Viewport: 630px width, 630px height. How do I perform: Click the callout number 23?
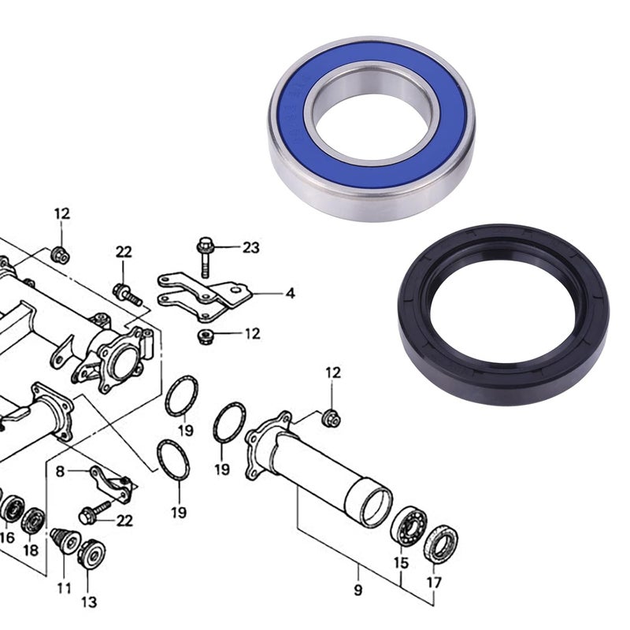click(x=250, y=249)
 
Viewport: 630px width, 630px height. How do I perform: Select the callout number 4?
click(x=291, y=294)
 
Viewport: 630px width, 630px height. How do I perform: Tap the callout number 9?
click(x=358, y=590)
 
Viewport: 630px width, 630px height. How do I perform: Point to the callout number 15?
click(x=402, y=564)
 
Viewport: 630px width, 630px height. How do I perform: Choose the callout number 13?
click(x=89, y=602)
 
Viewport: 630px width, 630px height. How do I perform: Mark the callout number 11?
click(x=63, y=587)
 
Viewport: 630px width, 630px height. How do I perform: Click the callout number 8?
click(x=59, y=472)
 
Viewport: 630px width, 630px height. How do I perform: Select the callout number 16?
click(x=7, y=538)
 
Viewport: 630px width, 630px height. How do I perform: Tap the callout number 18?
click(x=31, y=550)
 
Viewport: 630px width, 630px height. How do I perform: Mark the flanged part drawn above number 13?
click(x=92, y=552)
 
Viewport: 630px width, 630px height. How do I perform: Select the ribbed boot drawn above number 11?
click(x=63, y=539)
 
